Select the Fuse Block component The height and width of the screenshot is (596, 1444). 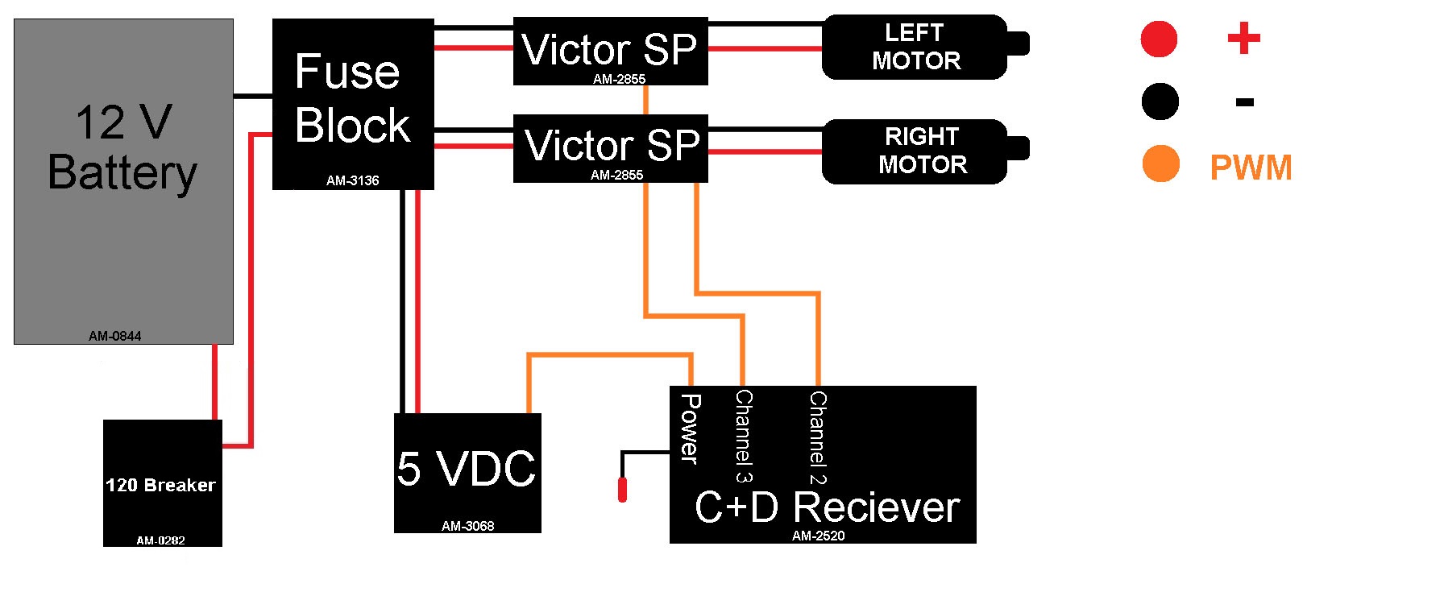tap(353, 105)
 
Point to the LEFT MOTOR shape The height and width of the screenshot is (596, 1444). tap(915, 47)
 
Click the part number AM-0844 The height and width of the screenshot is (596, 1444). tap(114, 336)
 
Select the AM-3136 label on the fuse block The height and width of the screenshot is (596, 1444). tap(352, 180)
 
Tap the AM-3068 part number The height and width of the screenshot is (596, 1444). tap(467, 526)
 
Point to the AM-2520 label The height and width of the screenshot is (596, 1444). tap(818, 536)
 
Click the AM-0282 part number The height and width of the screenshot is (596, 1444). tap(160, 540)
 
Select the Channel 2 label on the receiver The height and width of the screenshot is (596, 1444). tap(818, 437)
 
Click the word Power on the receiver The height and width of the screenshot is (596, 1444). tap(690, 428)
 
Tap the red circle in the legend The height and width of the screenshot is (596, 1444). tap(1159, 39)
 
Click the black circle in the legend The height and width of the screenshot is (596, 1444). tap(1160, 101)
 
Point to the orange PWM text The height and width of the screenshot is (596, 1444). tap(1250, 168)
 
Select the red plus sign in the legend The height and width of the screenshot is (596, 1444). tap(1243, 38)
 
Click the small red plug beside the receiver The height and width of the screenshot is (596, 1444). tap(622, 490)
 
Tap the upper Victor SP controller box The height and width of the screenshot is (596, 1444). tap(610, 50)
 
